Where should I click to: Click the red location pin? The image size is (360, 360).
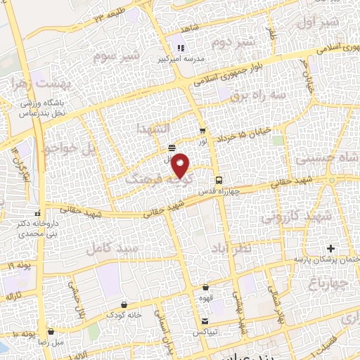click(181, 165)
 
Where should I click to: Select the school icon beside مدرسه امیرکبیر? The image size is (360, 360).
click(181, 49)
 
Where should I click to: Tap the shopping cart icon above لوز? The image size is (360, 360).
click(202, 131)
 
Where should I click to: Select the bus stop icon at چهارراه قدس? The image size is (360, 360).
click(219, 179)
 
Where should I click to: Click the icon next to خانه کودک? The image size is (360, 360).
click(124, 304)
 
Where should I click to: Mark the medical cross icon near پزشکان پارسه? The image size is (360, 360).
click(331, 249)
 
